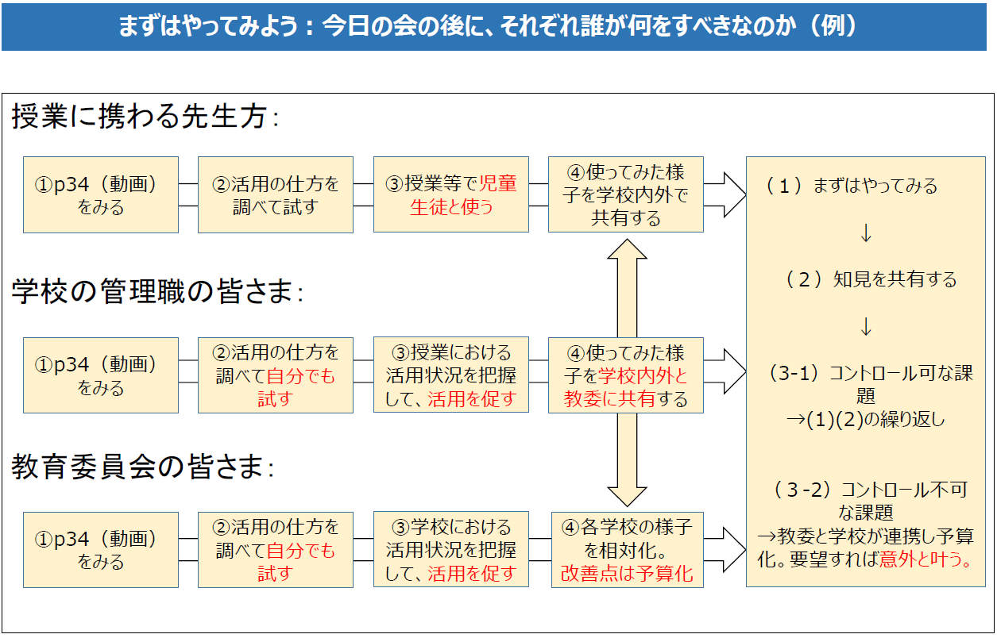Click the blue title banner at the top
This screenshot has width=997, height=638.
click(494, 27)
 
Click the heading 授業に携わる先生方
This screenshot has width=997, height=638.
click(145, 117)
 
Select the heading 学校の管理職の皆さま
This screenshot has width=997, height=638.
click(157, 292)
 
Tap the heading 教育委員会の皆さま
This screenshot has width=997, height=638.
click(142, 467)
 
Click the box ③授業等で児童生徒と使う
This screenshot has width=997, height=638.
click(451, 194)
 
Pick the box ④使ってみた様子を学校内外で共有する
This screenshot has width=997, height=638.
click(626, 194)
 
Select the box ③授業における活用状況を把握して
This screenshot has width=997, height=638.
click(451, 375)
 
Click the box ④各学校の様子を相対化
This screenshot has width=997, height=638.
click(628, 550)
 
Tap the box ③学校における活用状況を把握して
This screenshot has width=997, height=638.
click(451, 550)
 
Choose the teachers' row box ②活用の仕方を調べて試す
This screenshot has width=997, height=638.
click(276, 194)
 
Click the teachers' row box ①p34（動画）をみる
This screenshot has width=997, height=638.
click(101, 194)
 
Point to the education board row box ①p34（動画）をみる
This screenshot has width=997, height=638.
click(101, 550)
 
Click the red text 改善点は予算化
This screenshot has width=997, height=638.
click(627, 574)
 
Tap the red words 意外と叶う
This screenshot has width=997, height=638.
click(926, 559)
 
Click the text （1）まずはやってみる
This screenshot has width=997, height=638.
click(851, 186)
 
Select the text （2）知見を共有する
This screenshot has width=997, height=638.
click(871, 279)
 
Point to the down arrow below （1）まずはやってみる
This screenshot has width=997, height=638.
click(866, 233)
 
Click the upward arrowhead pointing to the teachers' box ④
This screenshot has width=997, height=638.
click(627, 249)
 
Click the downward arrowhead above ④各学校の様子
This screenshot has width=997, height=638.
click(627, 497)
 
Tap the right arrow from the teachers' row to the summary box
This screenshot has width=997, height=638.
click(725, 194)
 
